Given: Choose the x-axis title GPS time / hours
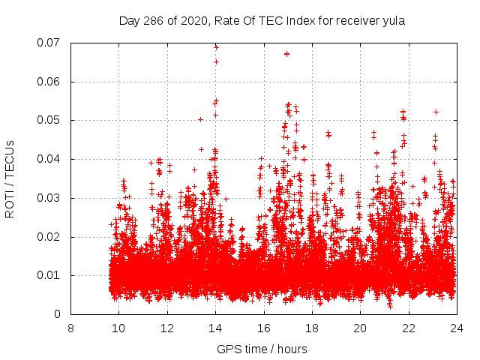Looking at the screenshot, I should [x=262, y=349].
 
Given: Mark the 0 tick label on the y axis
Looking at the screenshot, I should [x=58, y=314].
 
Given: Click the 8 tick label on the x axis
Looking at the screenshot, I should [x=70, y=328].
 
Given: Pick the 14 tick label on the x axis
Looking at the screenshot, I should [x=215, y=328].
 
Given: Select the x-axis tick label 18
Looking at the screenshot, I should [x=311, y=328].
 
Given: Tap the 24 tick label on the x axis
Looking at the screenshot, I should [x=456, y=328].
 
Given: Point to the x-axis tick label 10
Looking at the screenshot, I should [x=118, y=328].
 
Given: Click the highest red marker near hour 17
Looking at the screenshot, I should [x=286, y=54].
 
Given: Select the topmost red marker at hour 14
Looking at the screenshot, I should [x=216, y=47].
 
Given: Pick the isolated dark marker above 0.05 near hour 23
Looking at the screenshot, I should [x=436, y=112].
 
